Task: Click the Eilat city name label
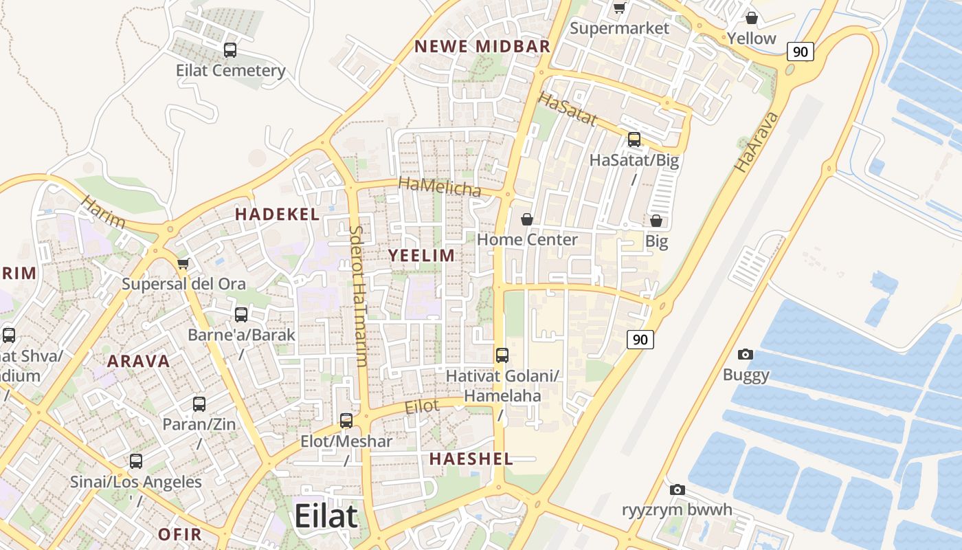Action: (x=326, y=516)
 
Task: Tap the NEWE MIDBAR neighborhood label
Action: (x=482, y=47)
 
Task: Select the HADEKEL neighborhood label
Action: (x=277, y=214)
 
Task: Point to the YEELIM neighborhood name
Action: (x=421, y=256)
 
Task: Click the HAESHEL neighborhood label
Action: (x=471, y=459)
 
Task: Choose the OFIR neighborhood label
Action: (x=180, y=534)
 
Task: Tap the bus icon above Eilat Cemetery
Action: (x=230, y=50)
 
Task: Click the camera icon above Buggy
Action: (x=745, y=355)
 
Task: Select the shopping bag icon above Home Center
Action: (x=527, y=219)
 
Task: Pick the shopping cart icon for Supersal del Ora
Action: (x=183, y=263)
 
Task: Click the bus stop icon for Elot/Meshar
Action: (x=346, y=420)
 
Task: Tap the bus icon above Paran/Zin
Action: (x=199, y=404)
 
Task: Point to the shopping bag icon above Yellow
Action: (x=752, y=18)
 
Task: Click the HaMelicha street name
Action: (x=440, y=186)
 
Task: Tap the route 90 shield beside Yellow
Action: (x=800, y=52)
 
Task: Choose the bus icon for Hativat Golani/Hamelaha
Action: (x=502, y=355)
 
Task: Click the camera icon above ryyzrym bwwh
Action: (x=678, y=489)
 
